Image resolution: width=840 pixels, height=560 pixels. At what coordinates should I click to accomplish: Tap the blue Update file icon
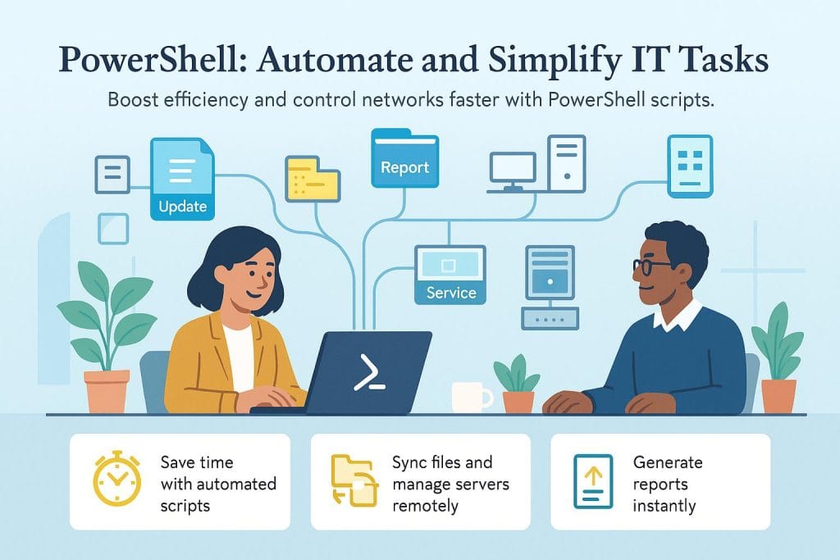coord(181,180)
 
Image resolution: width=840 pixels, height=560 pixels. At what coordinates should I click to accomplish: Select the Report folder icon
coord(404,157)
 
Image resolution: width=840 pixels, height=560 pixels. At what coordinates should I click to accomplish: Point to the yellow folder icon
coord(313,178)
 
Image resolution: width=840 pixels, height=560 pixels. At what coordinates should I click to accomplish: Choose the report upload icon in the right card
coord(594,481)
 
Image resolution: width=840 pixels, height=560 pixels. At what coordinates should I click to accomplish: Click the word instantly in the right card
coord(664,505)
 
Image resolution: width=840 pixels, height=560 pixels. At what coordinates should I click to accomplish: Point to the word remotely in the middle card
coord(425,505)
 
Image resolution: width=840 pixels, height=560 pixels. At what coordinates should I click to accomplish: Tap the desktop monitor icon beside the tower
coord(512,170)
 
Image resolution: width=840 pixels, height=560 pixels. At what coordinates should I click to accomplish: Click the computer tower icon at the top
coord(567,164)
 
